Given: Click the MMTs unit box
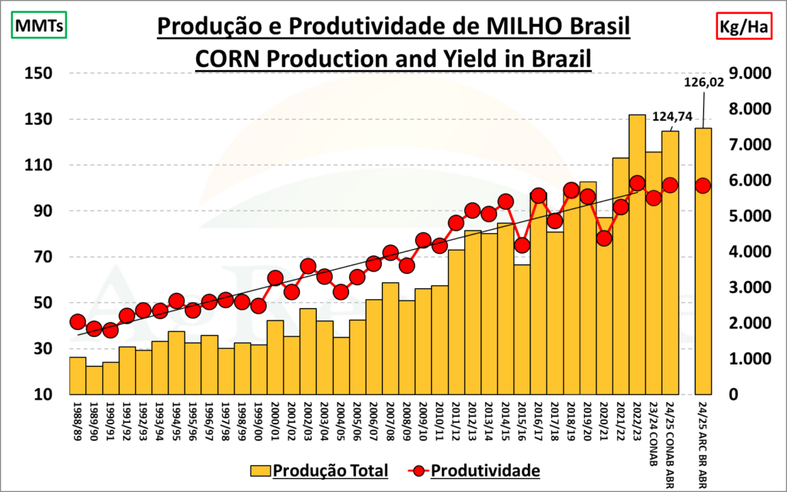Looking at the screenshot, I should [x=37, y=26].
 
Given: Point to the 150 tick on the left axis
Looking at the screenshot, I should [x=38, y=74].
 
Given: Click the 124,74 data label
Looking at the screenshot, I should [x=672, y=117].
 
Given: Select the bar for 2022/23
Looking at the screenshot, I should [x=637, y=254].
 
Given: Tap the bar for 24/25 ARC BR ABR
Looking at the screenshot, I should [x=703, y=261].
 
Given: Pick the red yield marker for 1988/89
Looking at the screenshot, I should [x=78, y=321].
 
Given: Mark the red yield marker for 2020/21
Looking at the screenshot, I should [x=604, y=238].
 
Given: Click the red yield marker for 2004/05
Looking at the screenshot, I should [x=341, y=291].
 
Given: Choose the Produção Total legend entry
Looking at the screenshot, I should [x=319, y=469].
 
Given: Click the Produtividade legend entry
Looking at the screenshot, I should [x=472, y=469].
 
